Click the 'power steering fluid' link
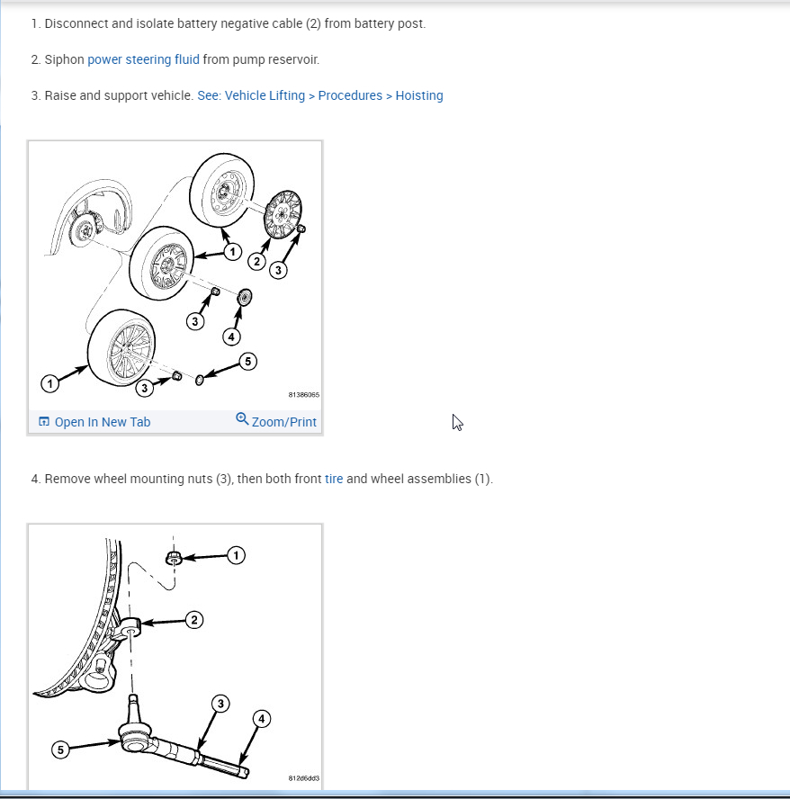[x=143, y=59]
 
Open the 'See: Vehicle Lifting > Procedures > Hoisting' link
[x=319, y=95]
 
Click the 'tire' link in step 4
[x=334, y=479]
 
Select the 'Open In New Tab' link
[x=102, y=422]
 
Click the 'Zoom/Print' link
[x=283, y=422]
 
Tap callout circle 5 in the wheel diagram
[x=247, y=362]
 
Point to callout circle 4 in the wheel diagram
[x=231, y=337]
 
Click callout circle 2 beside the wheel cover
[x=256, y=262]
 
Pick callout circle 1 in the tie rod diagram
[x=236, y=556]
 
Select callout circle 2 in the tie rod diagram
[x=194, y=619]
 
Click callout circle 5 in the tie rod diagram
[x=60, y=750]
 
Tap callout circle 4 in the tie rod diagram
[x=261, y=719]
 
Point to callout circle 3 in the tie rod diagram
[x=220, y=704]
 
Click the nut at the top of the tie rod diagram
[x=175, y=559]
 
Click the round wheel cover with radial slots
[x=284, y=215]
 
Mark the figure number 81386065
[x=303, y=395]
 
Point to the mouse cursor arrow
[x=457, y=422]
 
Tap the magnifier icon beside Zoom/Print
[x=242, y=419]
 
